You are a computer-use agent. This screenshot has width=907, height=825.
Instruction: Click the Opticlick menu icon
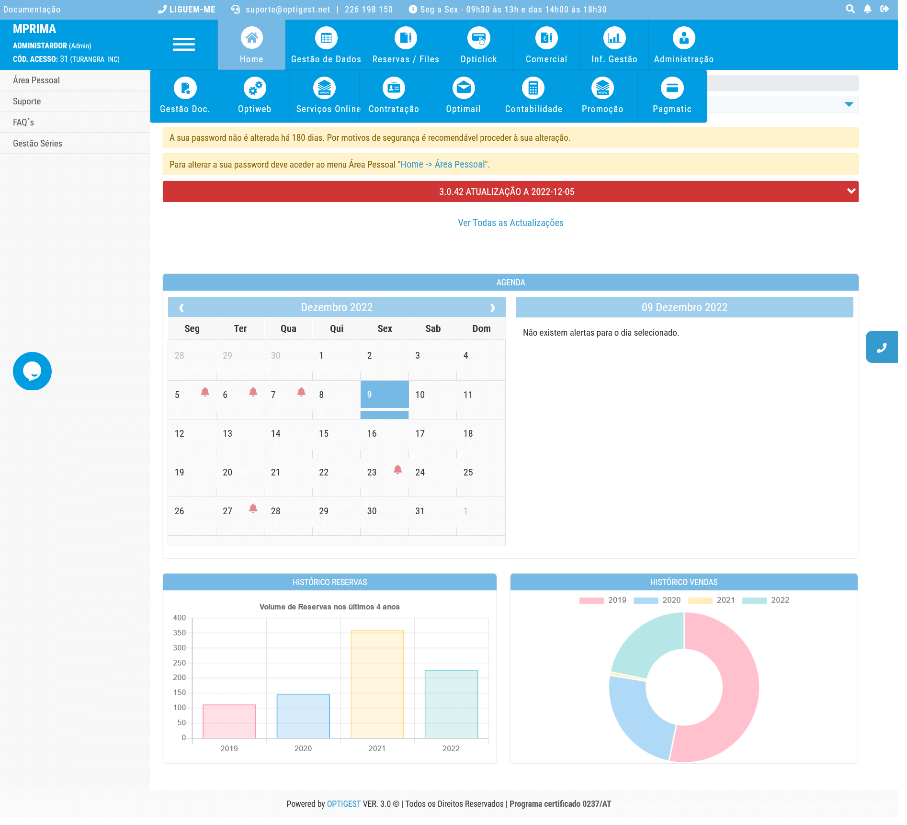click(478, 38)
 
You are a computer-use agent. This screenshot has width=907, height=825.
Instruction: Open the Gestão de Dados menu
click(326, 45)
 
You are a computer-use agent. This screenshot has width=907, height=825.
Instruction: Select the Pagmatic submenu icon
click(672, 89)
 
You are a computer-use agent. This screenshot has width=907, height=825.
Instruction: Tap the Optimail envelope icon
click(463, 88)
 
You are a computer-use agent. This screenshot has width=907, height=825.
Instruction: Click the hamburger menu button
click(184, 45)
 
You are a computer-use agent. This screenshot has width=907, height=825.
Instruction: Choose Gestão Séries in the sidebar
click(37, 144)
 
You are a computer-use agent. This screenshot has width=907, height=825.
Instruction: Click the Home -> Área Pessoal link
click(442, 165)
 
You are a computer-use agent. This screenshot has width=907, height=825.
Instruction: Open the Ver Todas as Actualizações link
click(510, 223)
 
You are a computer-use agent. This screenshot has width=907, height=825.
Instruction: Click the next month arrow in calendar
click(492, 308)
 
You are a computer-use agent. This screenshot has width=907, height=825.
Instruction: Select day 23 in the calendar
click(372, 473)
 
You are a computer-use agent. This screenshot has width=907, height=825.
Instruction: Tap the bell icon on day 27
click(253, 509)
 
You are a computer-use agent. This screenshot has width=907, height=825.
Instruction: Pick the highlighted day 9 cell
click(384, 395)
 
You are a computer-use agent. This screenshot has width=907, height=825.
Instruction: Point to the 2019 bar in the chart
click(229, 721)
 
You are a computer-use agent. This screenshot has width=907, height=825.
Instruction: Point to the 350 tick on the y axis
click(180, 633)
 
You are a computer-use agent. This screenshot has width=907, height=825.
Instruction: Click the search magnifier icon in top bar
click(850, 9)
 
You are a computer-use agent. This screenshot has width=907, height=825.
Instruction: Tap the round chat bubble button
click(32, 371)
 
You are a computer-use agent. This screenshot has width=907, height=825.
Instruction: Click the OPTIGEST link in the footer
click(343, 804)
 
